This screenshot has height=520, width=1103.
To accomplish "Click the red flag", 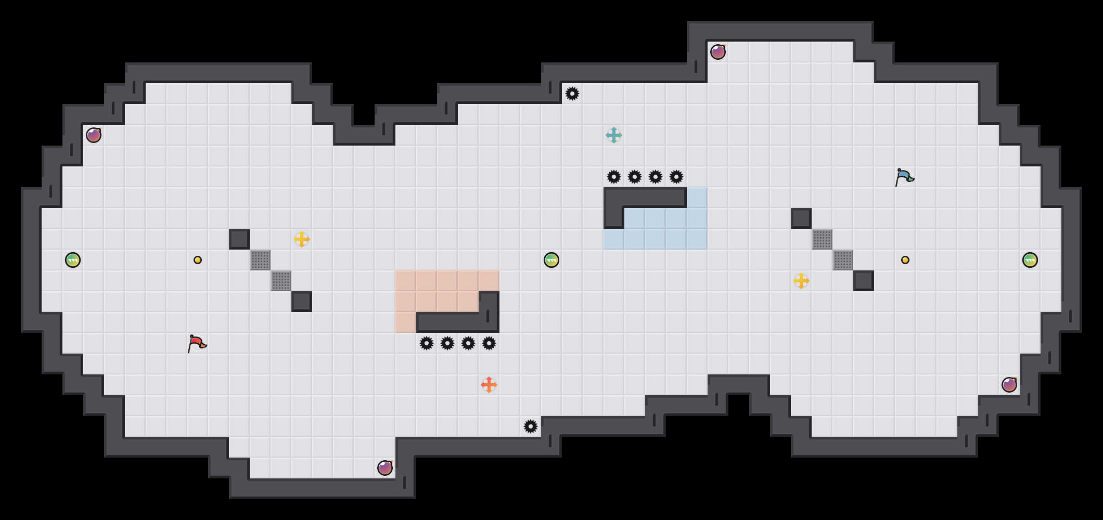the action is click(197, 343).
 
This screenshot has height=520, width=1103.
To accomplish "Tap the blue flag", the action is click(904, 177).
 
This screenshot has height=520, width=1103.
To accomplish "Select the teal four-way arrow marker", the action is click(614, 135).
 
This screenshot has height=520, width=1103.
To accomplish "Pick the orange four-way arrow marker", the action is click(489, 385).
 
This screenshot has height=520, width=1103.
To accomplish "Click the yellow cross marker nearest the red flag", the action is click(302, 239).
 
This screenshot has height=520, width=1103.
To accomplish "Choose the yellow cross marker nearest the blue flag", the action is click(801, 281).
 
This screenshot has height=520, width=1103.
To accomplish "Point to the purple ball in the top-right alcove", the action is click(718, 52).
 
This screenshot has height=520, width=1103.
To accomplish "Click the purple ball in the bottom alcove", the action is click(385, 468).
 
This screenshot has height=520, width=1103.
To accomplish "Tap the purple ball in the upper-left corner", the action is click(94, 135).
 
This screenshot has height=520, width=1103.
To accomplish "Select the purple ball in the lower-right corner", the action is click(1009, 385).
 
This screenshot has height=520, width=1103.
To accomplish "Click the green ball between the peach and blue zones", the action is click(551, 260).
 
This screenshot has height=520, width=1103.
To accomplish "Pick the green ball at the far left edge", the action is click(73, 260).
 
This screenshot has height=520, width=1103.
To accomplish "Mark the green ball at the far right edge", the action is click(1030, 260).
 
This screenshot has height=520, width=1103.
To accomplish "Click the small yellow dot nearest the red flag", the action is click(198, 260).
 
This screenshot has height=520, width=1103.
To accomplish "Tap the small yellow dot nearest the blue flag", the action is click(905, 260).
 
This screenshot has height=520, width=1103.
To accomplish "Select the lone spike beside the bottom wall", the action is click(531, 426).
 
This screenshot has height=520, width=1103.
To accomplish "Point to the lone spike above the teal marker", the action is click(572, 94).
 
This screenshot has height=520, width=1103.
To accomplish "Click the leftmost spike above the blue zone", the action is click(614, 177).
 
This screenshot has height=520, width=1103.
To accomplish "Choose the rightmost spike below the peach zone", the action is click(489, 343).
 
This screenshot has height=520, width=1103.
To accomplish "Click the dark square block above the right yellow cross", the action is click(801, 218).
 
